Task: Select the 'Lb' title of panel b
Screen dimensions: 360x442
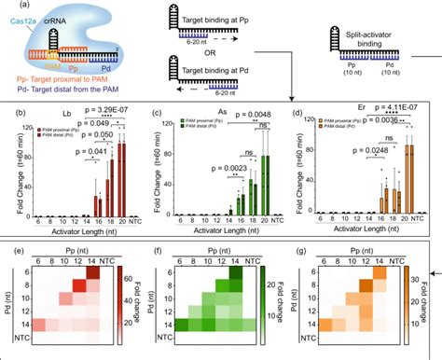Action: click(64, 121)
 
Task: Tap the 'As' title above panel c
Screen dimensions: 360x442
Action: click(208, 121)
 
